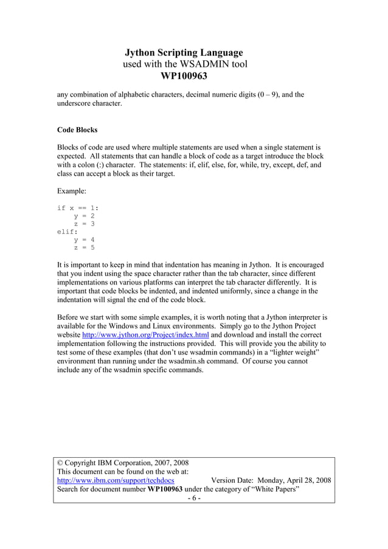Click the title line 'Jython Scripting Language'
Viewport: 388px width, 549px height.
pyautogui.click(x=184, y=53)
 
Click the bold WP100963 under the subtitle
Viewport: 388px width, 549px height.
pyautogui.click(x=184, y=76)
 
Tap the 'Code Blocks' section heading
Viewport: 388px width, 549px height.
pyautogui.click(x=77, y=130)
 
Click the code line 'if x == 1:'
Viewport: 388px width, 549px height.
pyautogui.click(x=77, y=208)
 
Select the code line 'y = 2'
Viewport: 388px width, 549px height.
pyautogui.click(x=84, y=216)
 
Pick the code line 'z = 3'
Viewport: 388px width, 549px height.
pyautogui.click(x=84, y=224)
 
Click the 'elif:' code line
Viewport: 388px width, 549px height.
pyautogui.click(x=68, y=232)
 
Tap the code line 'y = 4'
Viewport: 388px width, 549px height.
pyautogui.click(x=84, y=240)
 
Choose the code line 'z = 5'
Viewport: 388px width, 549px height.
pyautogui.click(x=84, y=247)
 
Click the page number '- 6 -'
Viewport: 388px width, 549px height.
pyautogui.click(x=193, y=499)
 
